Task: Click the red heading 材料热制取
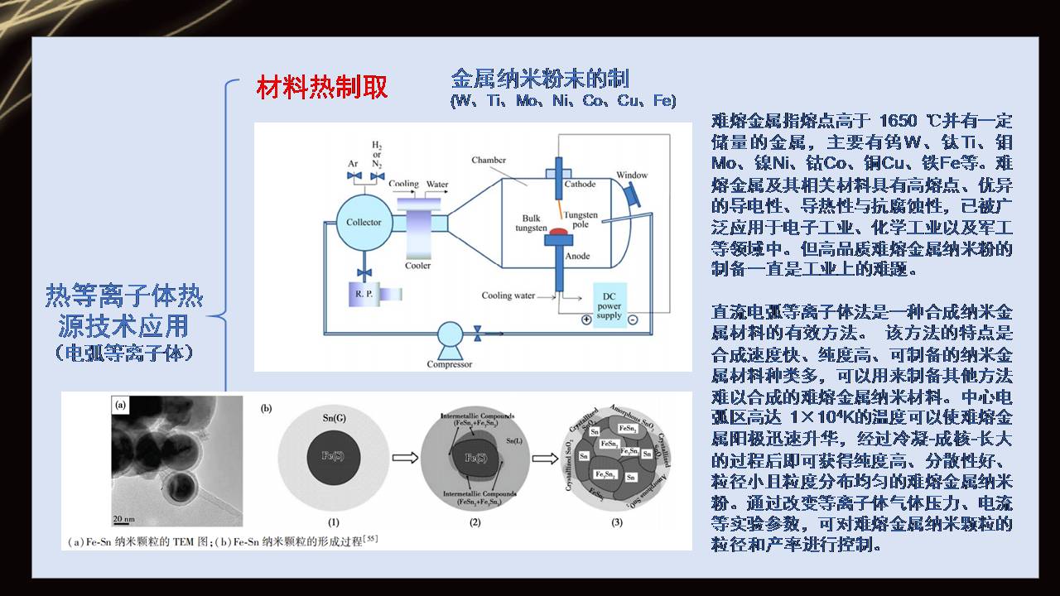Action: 322,87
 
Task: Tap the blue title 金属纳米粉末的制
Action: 539,79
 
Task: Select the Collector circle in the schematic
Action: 364,222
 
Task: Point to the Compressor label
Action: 450,364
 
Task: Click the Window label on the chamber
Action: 632,175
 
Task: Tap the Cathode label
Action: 580,183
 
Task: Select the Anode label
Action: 577,256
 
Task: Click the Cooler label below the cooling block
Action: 417,266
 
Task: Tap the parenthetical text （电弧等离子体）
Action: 124,353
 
